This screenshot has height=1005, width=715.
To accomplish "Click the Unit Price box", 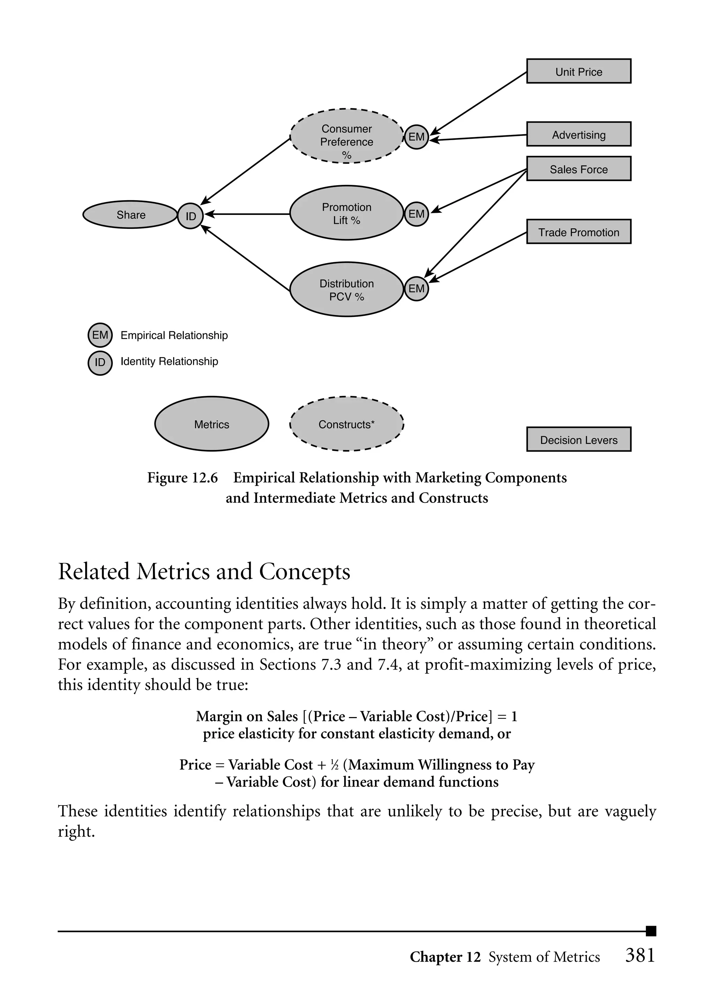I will (x=578, y=71).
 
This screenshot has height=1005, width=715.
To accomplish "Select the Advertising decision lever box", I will (x=578, y=134).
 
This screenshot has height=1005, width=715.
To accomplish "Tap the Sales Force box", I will (x=578, y=169).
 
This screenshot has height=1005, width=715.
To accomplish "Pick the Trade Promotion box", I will (x=578, y=232).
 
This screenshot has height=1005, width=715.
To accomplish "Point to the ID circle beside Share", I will (x=190, y=216).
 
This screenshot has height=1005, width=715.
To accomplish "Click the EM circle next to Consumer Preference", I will (x=416, y=137).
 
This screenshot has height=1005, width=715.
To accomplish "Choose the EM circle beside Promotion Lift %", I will (x=416, y=214).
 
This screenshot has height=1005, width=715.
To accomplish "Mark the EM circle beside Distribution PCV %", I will (x=416, y=289).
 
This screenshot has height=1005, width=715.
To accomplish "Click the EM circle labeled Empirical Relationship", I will (x=100, y=335).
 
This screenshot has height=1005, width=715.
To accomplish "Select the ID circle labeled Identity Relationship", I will (x=100, y=362).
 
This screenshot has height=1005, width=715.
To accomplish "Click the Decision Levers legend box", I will (x=578, y=439).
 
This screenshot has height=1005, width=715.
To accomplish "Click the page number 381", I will (x=640, y=955).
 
